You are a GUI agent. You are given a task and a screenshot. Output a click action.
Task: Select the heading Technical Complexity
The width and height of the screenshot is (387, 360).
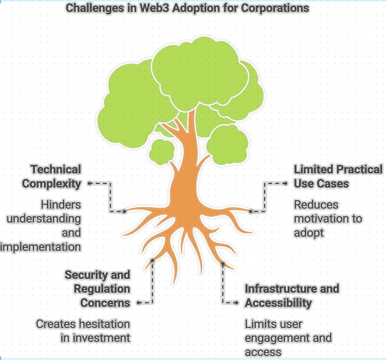pos(52,176)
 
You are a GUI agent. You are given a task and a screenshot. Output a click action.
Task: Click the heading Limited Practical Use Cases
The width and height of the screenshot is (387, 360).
pos(337,176)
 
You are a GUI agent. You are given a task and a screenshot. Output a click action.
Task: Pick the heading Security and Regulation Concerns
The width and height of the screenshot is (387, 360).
pos(98,289)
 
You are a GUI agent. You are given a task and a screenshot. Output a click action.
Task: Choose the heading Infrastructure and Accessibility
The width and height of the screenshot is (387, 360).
pos(292,296)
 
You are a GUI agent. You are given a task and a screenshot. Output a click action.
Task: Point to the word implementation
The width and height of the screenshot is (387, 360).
pos(40,247)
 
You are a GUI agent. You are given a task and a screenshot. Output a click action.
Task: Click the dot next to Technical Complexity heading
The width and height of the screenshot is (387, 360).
pos(89,183)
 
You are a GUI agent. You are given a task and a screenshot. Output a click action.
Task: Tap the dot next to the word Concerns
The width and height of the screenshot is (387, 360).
pos(138,303)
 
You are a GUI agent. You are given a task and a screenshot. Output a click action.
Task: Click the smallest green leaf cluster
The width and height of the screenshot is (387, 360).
pos(162,151)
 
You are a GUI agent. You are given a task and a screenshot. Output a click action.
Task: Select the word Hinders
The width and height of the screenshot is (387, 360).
pos(61,205)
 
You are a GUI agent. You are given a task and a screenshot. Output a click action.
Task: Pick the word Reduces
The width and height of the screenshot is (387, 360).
pos(316,205)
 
